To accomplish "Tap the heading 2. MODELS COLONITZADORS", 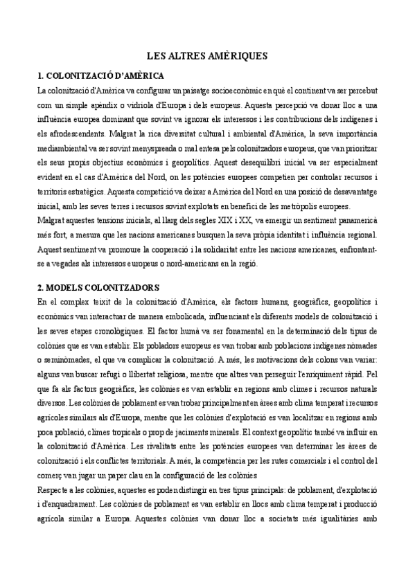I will (x=98, y=287).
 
